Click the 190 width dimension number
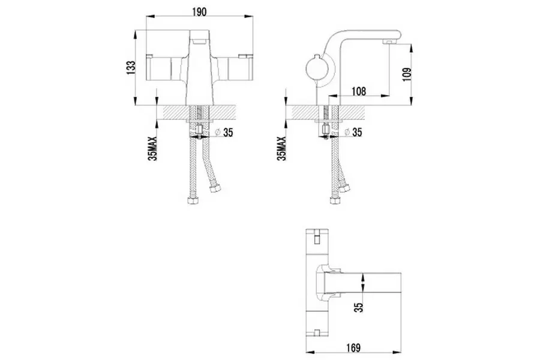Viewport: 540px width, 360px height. tap(199, 12)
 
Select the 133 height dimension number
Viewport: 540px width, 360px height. tap(131, 68)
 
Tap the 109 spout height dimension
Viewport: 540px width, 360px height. tap(407, 74)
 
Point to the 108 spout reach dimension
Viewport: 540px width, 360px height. tap(359, 92)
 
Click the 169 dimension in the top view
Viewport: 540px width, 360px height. tap(353, 347)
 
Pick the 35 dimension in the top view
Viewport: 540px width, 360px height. tap(359, 307)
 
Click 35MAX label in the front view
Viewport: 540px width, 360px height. tap(152, 148)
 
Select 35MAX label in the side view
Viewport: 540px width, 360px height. tap(282, 148)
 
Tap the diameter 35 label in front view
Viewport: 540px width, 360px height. tap(224, 132)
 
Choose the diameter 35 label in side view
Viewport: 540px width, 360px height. tap(353, 132)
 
